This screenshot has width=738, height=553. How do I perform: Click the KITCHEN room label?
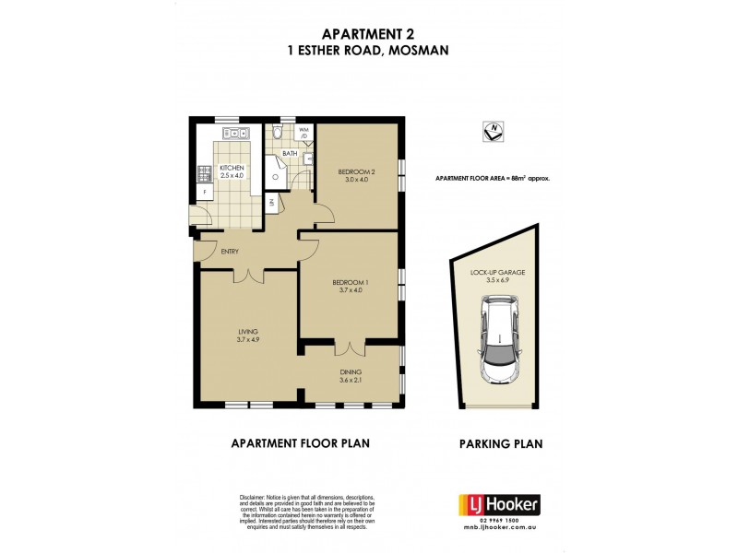231,167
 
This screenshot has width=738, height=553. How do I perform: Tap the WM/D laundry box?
304,135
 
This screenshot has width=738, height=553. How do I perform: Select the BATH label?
290,153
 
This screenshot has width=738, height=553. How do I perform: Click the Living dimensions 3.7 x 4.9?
246,339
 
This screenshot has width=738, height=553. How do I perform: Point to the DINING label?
350,371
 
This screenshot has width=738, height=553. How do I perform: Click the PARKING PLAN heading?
500,443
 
